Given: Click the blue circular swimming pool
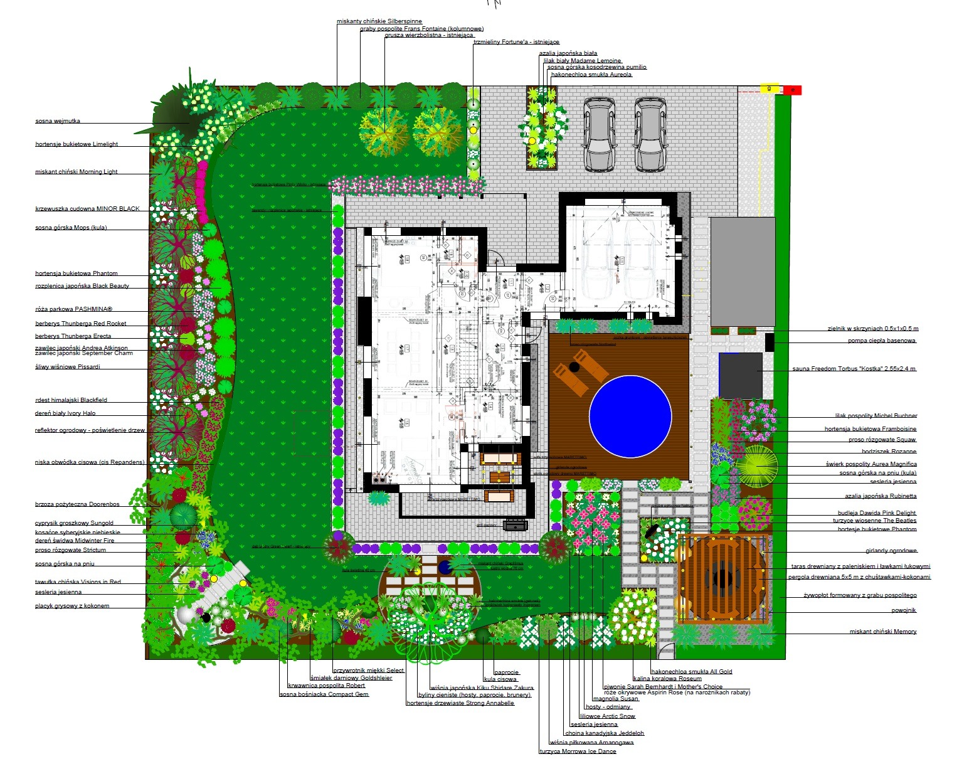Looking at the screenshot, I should [630, 417].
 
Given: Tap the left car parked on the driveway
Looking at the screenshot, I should [599, 134].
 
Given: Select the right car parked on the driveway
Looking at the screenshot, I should [650, 134].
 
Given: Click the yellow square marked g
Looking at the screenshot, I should [769, 88].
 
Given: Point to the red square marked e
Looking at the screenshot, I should [793, 90].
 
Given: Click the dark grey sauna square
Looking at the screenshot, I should [740, 375].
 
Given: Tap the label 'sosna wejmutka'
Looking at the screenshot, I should [58, 121].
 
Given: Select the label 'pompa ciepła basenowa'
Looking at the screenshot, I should [882, 341].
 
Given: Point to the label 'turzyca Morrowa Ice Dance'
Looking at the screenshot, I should [578, 751].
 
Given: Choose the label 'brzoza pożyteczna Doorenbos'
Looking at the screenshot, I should [77, 504].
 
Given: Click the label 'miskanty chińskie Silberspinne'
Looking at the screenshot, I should [379, 21].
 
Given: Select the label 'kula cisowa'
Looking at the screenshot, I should [500, 679].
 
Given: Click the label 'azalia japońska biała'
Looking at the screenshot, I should [568, 53].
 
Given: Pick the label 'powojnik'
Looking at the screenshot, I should [904, 610].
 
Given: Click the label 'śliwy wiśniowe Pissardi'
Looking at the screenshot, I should [67, 367].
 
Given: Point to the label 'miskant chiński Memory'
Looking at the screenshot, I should [883, 632].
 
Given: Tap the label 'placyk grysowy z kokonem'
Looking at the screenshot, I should [72, 606].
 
